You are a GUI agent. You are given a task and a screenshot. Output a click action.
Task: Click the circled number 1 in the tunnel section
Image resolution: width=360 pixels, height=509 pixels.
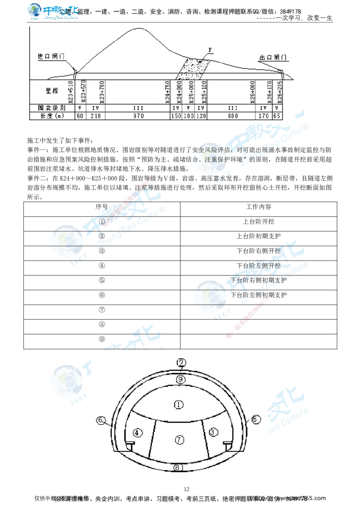click(x=179, y=405)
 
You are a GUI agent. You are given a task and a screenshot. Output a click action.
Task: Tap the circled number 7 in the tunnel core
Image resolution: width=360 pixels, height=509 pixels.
click(x=180, y=440)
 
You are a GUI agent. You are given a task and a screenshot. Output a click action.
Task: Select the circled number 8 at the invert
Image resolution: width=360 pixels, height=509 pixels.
click(x=179, y=468)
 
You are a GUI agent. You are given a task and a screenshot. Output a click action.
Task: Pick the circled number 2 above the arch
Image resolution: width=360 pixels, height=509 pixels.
click(x=181, y=363)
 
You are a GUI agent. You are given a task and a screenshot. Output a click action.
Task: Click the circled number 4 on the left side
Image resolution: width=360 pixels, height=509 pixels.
click(x=138, y=433)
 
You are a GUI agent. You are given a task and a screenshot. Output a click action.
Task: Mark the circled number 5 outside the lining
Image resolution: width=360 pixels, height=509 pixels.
click(x=256, y=419)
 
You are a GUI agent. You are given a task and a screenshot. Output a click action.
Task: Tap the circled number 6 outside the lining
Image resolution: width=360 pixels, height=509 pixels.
click(x=101, y=420)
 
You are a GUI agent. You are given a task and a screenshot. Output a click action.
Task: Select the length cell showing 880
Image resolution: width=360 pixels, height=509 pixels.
click(x=232, y=116)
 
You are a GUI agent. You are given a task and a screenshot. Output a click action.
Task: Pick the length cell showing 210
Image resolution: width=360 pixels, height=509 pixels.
click(x=95, y=116)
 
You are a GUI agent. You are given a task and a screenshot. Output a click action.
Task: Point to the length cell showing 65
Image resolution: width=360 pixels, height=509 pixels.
click(x=277, y=116)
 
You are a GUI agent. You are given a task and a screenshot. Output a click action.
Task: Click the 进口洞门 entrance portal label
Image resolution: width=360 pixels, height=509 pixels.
click(x=51, y=57)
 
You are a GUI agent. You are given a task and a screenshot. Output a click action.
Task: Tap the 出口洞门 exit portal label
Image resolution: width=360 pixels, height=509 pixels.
click(x=273, y=58)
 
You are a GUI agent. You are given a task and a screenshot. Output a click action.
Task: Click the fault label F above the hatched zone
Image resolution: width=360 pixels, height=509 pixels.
click(x=210, y=49)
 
